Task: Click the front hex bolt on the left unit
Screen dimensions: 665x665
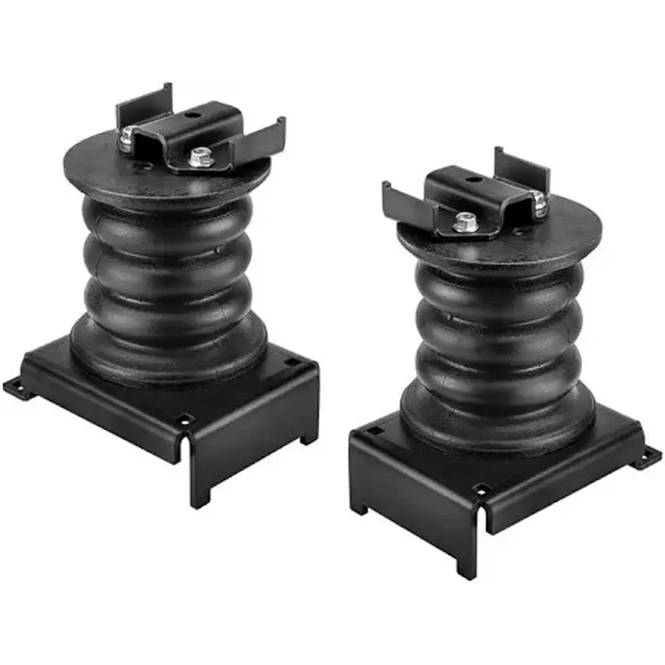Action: click(x=199, y=155)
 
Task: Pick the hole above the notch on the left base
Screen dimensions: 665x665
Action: click(x=185, y=418)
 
